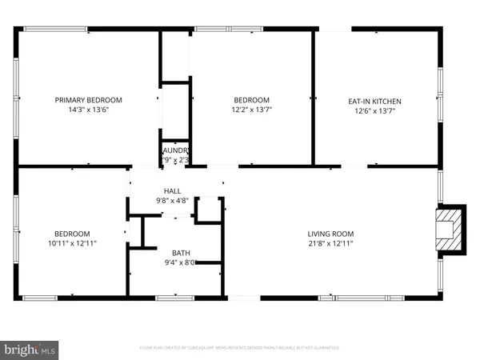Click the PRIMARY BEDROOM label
click(x=88, y=100)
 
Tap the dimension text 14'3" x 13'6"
click(x=88, y=110)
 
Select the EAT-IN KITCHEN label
click(x=374, y=102)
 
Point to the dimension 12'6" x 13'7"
click(x=374, y=111)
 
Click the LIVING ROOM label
click(x=330, y=234)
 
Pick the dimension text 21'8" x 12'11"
click(x=330, y=243)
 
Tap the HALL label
click(x=173, y=191)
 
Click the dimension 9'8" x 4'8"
click(x=173, y=200)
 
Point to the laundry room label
click(x=175, y=150)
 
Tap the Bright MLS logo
click(x=30, y=349)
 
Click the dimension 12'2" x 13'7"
click(x=251, y=110)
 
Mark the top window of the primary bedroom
click(x=56, y=30)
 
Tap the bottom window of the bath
click(x=174, y=298)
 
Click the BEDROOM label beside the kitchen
click(x=251, y=100)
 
